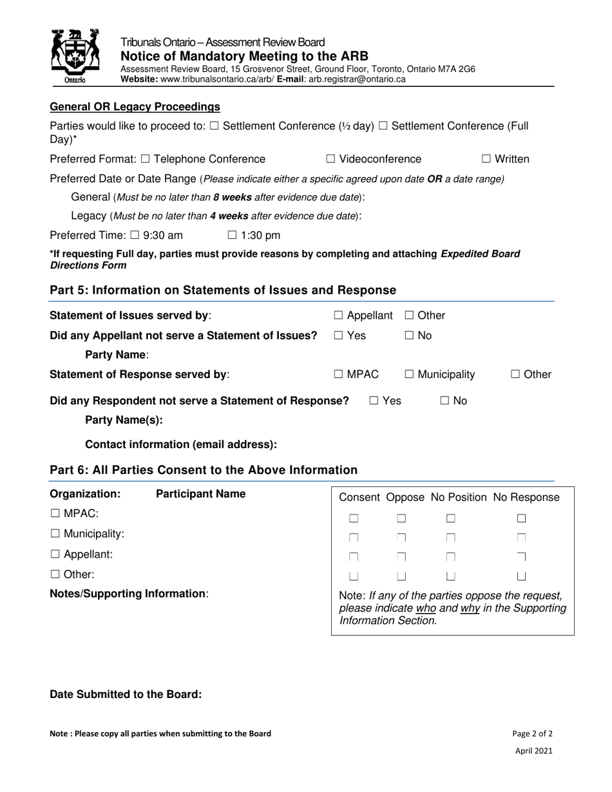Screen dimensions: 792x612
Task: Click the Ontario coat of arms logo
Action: coord(75,56)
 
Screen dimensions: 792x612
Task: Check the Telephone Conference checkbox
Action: coord(145,159)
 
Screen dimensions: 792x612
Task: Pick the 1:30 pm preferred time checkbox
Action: coord(233,235)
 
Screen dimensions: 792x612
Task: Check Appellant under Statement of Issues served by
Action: coord(338,316)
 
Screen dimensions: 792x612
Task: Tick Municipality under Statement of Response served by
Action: coord(410,374)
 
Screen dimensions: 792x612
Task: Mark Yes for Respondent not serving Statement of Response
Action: coord(374,401)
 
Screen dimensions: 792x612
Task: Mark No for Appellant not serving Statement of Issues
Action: coord(410,335)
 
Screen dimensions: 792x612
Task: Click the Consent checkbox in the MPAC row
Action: coord(354,518)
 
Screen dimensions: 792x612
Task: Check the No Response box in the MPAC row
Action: coord(522,518)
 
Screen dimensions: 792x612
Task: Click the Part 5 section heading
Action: coord(223,290)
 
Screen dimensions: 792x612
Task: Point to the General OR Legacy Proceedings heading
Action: coord(135,107)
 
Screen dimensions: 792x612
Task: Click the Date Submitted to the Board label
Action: coord(126,694)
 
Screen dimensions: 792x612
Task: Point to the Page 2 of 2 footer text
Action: coord(532,733)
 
